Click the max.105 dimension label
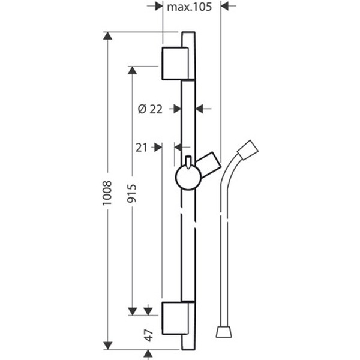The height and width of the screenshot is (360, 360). tap(189, 7)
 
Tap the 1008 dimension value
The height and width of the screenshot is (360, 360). tap(107, 193)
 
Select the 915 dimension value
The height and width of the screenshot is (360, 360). tap(132, 193)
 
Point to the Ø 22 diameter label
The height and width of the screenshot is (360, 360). tap(150, 109)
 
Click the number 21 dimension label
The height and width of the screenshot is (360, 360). tap(141, 148)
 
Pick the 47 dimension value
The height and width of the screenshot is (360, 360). tap(149, 335)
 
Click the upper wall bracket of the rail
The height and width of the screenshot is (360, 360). tap(175, 64)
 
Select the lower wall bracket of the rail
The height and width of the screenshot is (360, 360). tap(175, 318)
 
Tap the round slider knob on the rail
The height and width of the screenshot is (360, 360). tap(188, 177)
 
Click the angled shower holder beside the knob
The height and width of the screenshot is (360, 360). tap(208, 164)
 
